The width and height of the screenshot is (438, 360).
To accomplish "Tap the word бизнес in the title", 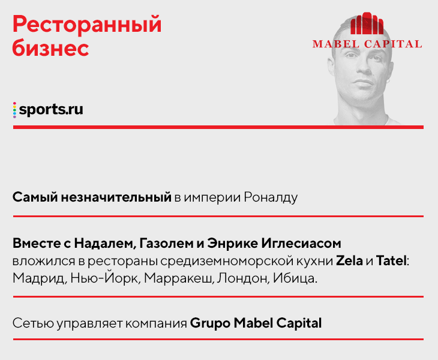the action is [50, 49].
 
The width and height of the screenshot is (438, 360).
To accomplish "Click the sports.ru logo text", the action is [51, 109].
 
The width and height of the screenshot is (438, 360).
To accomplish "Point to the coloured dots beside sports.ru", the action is [14, 110].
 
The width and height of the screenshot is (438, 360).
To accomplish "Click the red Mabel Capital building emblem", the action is [367, 23].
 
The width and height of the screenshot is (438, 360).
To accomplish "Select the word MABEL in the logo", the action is [336, 44].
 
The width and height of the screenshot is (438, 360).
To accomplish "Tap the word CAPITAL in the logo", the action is [393, 44].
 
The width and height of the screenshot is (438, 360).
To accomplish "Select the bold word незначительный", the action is [116, 197].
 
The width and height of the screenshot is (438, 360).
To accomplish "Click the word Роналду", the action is [271, 198].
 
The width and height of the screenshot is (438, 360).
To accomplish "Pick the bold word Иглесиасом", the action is [301, 244].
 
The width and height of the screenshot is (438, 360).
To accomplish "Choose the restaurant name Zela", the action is [349, 261].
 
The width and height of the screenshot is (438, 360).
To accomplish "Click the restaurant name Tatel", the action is [391, 261].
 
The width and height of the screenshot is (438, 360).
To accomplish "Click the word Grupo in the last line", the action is [210, 323].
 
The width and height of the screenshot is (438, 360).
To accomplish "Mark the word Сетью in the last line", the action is [33, 323].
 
